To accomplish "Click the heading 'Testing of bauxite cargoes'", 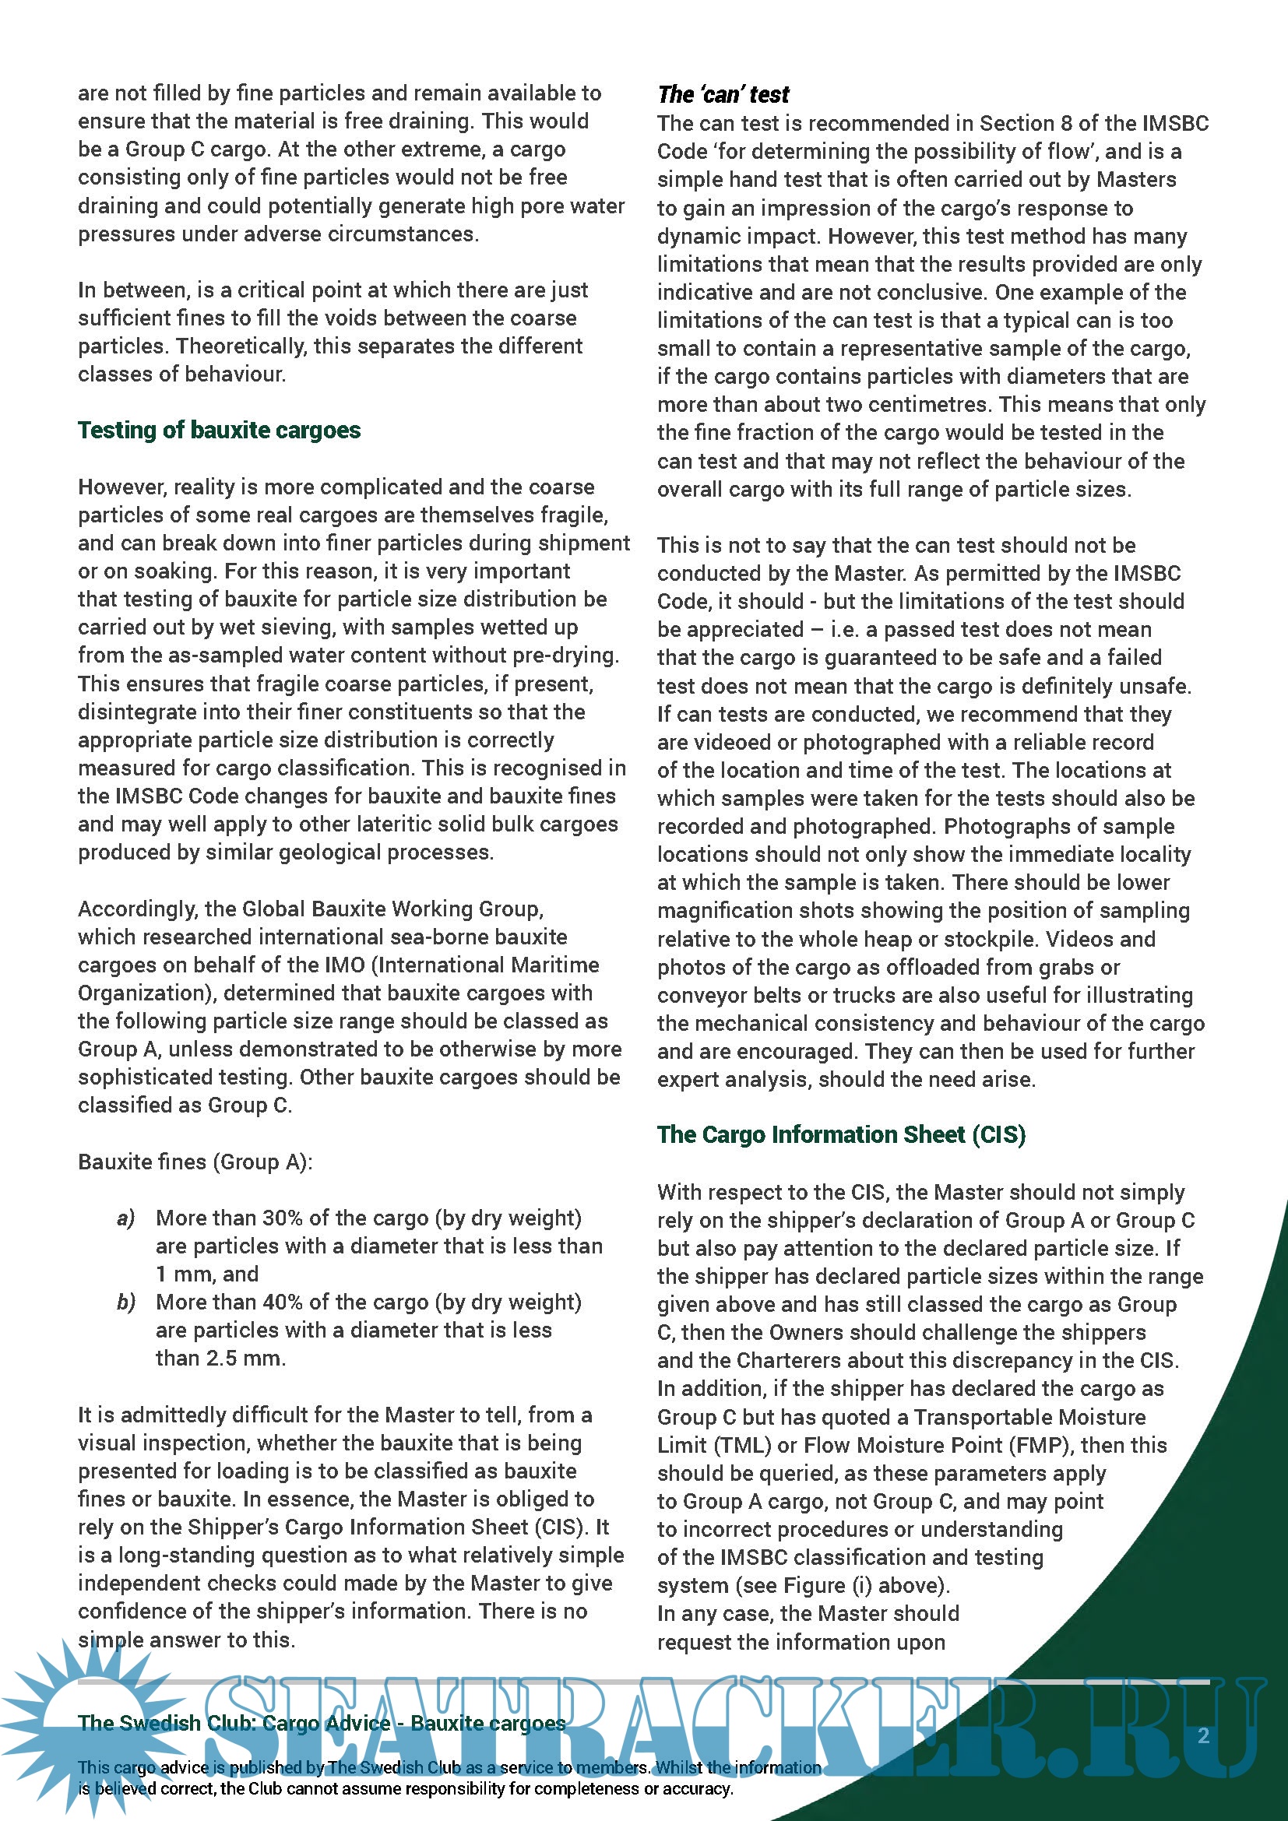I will click(x=219, y=430).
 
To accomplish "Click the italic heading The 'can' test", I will click(x=723, y=94).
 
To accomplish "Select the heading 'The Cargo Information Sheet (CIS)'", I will click(x=841, y=1134).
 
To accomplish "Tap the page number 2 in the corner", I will click(x=1203, y=1735).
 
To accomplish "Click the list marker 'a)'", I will click(x=125, y=1218).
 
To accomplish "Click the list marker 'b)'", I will click(x=125, y=1302).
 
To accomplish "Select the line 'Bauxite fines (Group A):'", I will click(x=195, y=1162).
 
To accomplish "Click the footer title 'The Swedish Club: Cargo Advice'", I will click(x=234, y=1723).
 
